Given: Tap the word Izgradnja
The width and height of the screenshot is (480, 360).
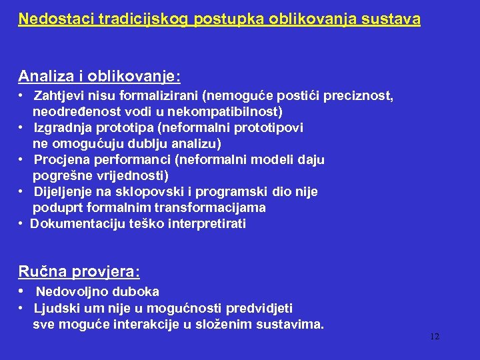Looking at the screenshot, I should point(62,127).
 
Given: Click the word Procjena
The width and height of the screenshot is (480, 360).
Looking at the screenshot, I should point(60,160).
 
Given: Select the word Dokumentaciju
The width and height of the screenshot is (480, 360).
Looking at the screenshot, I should point(73,224).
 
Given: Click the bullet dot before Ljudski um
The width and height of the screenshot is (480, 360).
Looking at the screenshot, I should point(22,308).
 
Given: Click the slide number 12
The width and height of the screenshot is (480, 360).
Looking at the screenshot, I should point(435,337).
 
